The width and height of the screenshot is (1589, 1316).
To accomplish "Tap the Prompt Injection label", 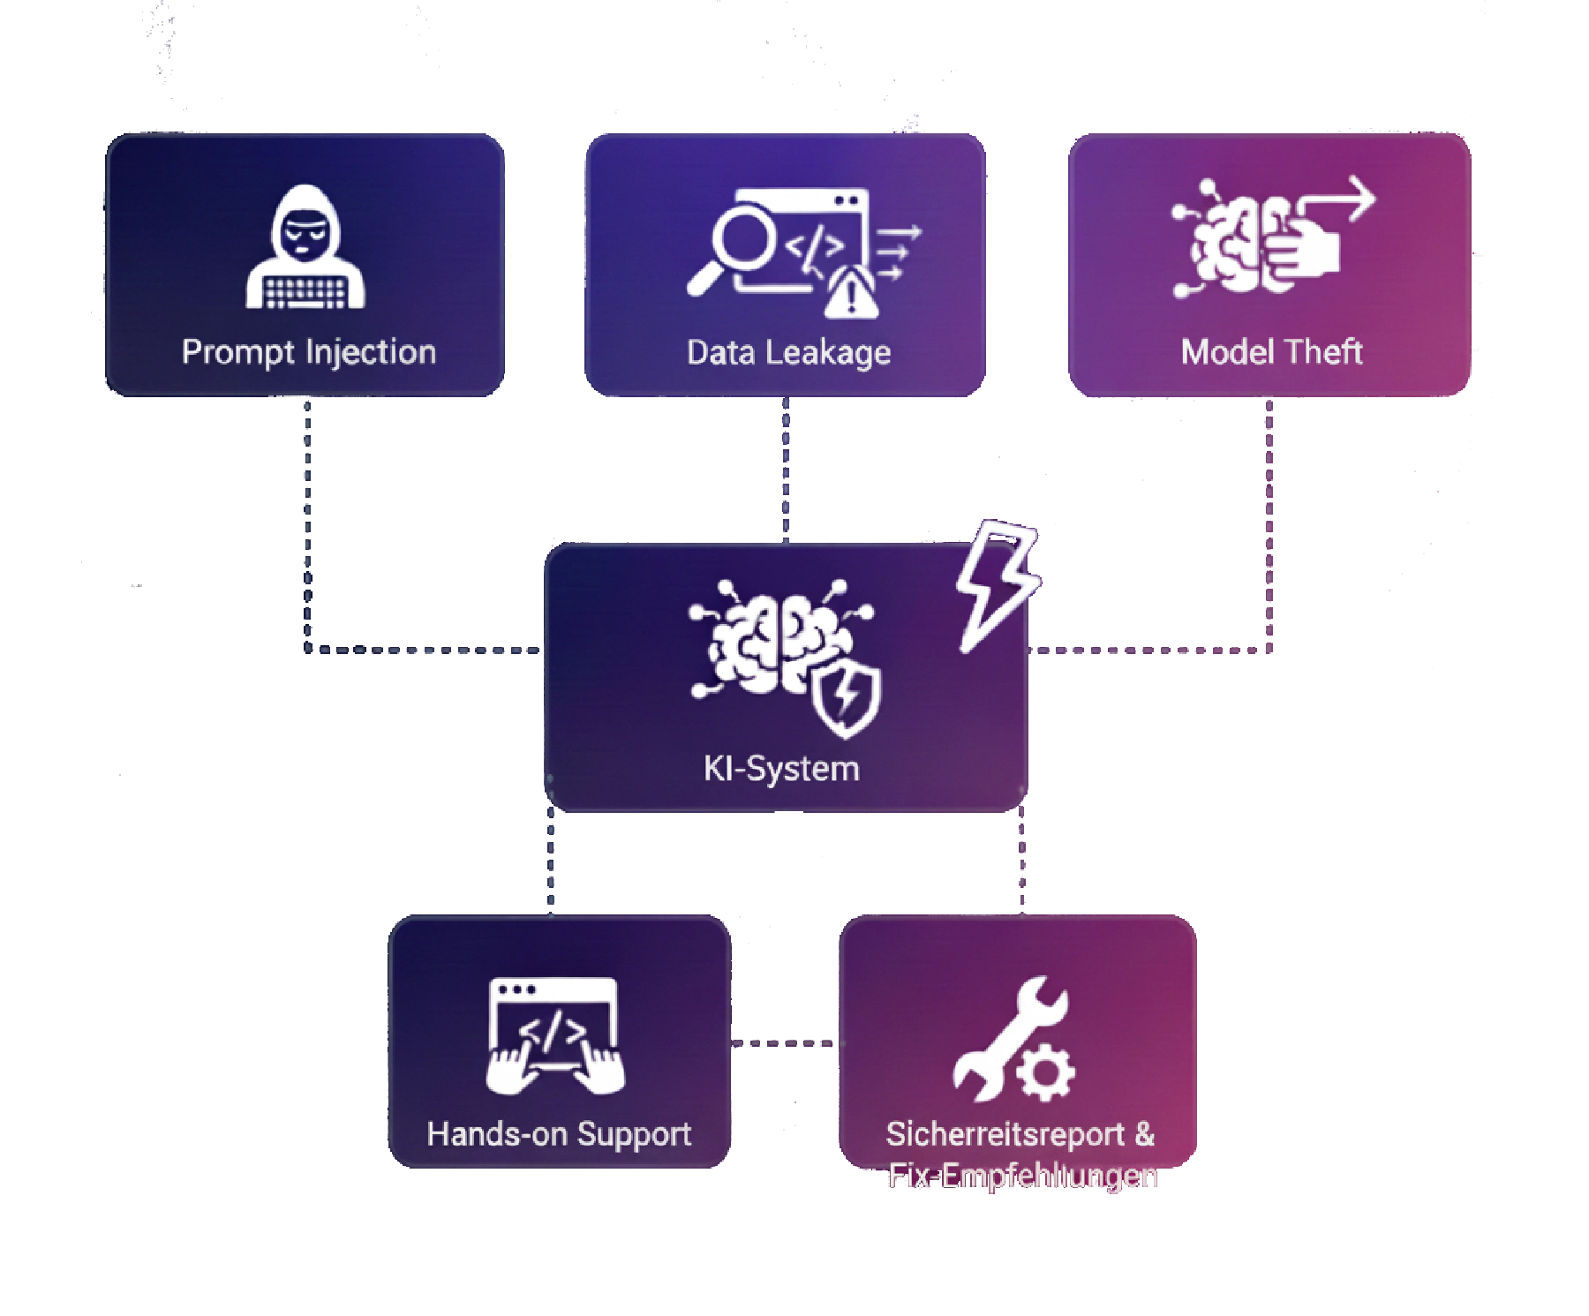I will (309, 352).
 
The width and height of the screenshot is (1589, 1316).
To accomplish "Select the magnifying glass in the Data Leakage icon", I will (740, 239).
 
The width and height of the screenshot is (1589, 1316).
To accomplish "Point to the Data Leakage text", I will (788, 353).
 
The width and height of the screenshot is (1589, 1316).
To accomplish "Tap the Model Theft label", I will (1271, 352).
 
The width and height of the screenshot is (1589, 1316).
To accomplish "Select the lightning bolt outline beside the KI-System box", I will (998, 583).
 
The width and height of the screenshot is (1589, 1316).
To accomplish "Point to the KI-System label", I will (781, 768).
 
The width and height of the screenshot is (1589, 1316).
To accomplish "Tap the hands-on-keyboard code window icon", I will (554, 1034).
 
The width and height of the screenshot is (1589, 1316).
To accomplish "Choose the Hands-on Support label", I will (559, 1134).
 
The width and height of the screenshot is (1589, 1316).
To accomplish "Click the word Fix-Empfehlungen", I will (1022, 1177).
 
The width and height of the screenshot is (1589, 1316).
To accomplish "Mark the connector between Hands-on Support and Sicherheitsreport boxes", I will (784, 1043).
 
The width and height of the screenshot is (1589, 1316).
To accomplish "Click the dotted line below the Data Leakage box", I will (786, 468).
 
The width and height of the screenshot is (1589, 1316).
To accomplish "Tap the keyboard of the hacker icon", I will (305, 291).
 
